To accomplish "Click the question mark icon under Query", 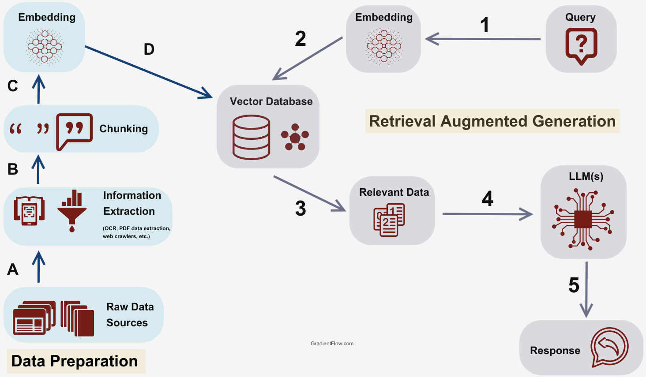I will point(581,46).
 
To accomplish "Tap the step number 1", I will point(484,25).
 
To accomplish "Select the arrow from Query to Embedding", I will point(483,39).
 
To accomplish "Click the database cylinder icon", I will point(251,137).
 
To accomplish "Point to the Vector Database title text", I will point(271,101).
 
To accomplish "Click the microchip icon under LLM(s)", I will point(583,219).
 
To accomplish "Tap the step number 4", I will point(487,199).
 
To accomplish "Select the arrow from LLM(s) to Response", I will point(586,289).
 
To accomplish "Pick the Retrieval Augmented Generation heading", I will point(492,121).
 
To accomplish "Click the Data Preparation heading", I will point(75,361).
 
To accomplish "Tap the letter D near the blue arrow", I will point(149,49).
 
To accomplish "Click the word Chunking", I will point(124,129).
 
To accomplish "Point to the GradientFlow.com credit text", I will point(332,343).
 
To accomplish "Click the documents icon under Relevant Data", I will point(389,220).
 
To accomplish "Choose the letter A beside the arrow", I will point(13,269).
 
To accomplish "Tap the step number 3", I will point(300,209).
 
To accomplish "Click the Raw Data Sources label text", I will point(130,315).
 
